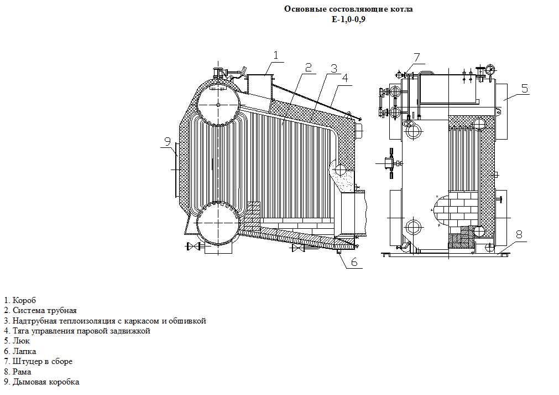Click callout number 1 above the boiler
click(275, 54)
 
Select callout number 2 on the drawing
click(309, 66)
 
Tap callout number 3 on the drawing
click(333, 68)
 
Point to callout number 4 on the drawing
click(344, 78)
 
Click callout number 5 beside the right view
click(524, 88)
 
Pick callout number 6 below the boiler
click(353, 262)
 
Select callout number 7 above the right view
click(416, 57)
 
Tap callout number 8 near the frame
click(519, 234)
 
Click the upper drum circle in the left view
click(218, 105)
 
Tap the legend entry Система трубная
click(44, 311)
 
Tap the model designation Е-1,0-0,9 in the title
click(348, 19)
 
